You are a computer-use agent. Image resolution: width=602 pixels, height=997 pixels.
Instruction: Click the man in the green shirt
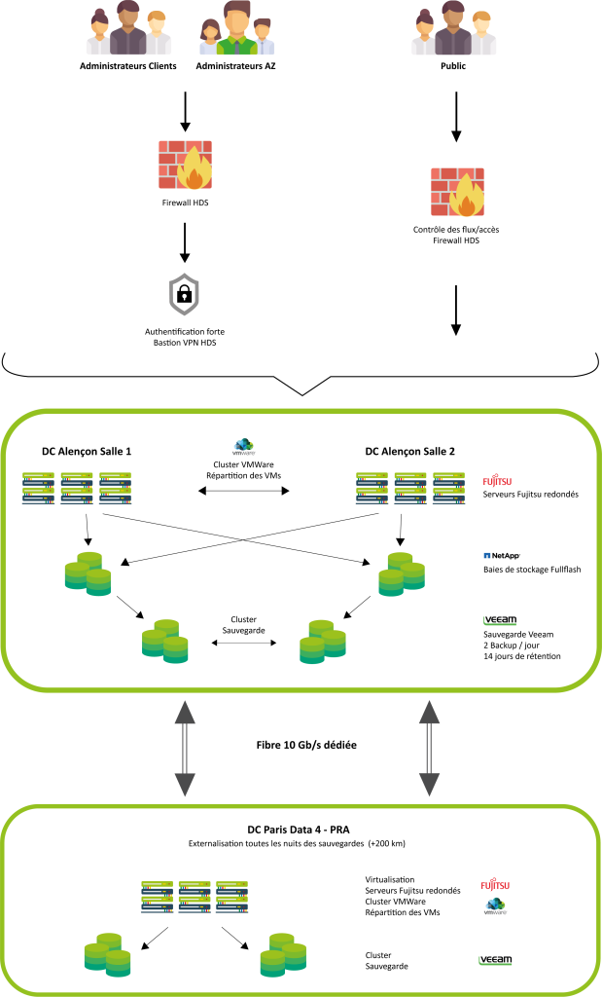(x=237, y=31)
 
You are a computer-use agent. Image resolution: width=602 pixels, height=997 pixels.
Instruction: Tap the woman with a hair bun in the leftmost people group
(x=98, y=35)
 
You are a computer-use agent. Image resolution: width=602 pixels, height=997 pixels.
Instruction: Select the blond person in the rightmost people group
(x=482, y=35)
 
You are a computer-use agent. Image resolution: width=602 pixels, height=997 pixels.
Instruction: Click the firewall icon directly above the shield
(x=185, y=165)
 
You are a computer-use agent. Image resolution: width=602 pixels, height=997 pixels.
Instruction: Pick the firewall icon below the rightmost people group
(x=457, y=192)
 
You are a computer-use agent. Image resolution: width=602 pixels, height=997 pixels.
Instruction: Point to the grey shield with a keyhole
(x=184, y=295)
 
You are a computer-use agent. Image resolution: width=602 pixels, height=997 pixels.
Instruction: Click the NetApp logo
(x=502, y=556)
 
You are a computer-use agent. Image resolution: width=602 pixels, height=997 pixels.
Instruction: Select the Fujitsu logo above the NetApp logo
(x=497, y=480)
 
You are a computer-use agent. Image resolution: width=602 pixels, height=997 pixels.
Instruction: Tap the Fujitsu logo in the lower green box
(x=495, y=885)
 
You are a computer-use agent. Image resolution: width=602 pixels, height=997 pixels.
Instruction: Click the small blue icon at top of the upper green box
(x=243, y=446)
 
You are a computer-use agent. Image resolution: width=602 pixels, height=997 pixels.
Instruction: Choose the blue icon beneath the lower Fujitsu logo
(x=495, y=906)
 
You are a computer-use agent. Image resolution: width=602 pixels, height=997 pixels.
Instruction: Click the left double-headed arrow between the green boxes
(x=185, y=749)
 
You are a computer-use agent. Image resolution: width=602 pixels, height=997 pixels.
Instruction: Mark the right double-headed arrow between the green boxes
(x=429, y=749)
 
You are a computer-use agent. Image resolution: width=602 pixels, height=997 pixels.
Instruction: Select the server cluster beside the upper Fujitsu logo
(x=409, y=488)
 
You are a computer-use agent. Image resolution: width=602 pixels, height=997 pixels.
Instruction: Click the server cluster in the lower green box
(x=195, y=897)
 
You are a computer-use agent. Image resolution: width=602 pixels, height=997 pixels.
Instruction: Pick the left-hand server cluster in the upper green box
(x=77, y=488)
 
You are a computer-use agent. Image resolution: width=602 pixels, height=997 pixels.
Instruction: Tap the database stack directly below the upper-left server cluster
(x=88, y=573)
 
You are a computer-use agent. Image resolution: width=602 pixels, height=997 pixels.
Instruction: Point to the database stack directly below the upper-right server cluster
(x=402, y=574)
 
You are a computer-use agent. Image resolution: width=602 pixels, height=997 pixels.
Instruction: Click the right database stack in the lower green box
(x=283, y=955)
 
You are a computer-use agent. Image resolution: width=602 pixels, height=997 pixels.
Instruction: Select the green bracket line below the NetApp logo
(x=500, y=622)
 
